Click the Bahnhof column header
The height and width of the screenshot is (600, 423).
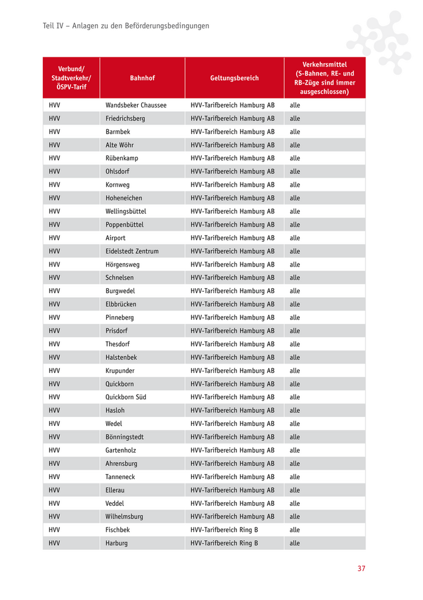pos(142,79)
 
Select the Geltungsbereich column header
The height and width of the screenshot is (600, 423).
pos(234,79)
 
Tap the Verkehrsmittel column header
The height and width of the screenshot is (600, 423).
pos(325,78)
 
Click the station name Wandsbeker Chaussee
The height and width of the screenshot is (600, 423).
pos(136,105)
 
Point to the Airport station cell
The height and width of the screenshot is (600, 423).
pos(115,238)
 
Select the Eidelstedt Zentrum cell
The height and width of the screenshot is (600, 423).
pos(132,251)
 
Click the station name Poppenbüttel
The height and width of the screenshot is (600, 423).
pos(124,225)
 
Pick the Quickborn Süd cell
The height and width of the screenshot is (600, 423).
pos(126,398)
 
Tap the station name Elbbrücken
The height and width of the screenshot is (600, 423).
pos(121,305)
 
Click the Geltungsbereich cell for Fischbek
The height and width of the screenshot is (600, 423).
pos(224,530)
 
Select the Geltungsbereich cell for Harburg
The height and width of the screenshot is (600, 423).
pos(224,543)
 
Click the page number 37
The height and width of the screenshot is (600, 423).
pos(361,569)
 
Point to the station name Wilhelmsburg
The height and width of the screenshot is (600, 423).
pos(124,517)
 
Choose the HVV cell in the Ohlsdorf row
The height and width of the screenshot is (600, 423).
pos(54,172)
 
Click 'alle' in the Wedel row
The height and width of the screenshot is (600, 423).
pos(294,424)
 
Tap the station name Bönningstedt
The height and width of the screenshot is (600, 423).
pos(124,437)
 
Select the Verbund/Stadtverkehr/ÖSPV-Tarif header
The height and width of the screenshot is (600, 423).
pos(71,78)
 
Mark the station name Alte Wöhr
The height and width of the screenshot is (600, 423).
pos(120,145)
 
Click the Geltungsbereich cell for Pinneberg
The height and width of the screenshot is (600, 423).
pos(232,318)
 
